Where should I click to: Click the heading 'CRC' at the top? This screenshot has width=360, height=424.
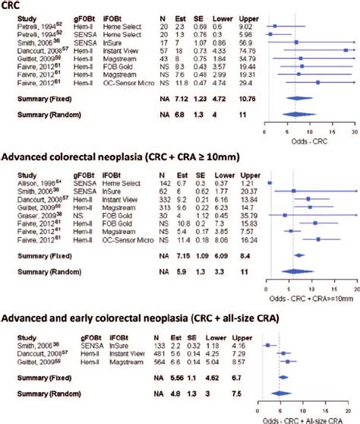point(14,7)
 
